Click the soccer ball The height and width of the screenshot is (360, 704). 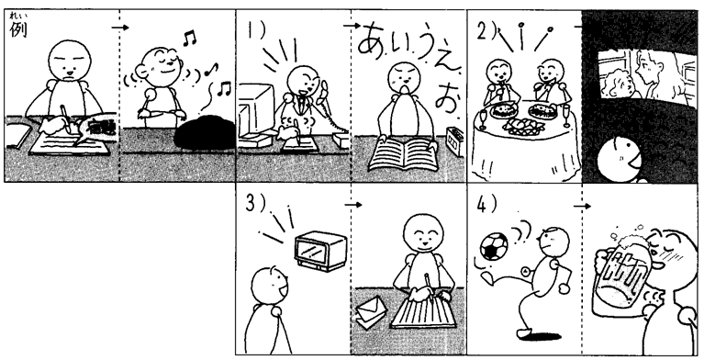[x=494, y=246]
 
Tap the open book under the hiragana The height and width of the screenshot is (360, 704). [x=403, y=154]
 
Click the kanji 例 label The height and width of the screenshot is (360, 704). [x=18, y=29]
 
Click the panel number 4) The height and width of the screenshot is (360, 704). [x=486, y=205]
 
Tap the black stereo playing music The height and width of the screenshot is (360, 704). [x=205, y=132]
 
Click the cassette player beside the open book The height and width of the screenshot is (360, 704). [x=455, y=141]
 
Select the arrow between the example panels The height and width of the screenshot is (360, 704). [x=120, y=28]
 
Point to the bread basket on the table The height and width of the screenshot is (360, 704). [x=524, y=126]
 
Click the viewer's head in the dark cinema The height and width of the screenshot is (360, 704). [x=620, y=160]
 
